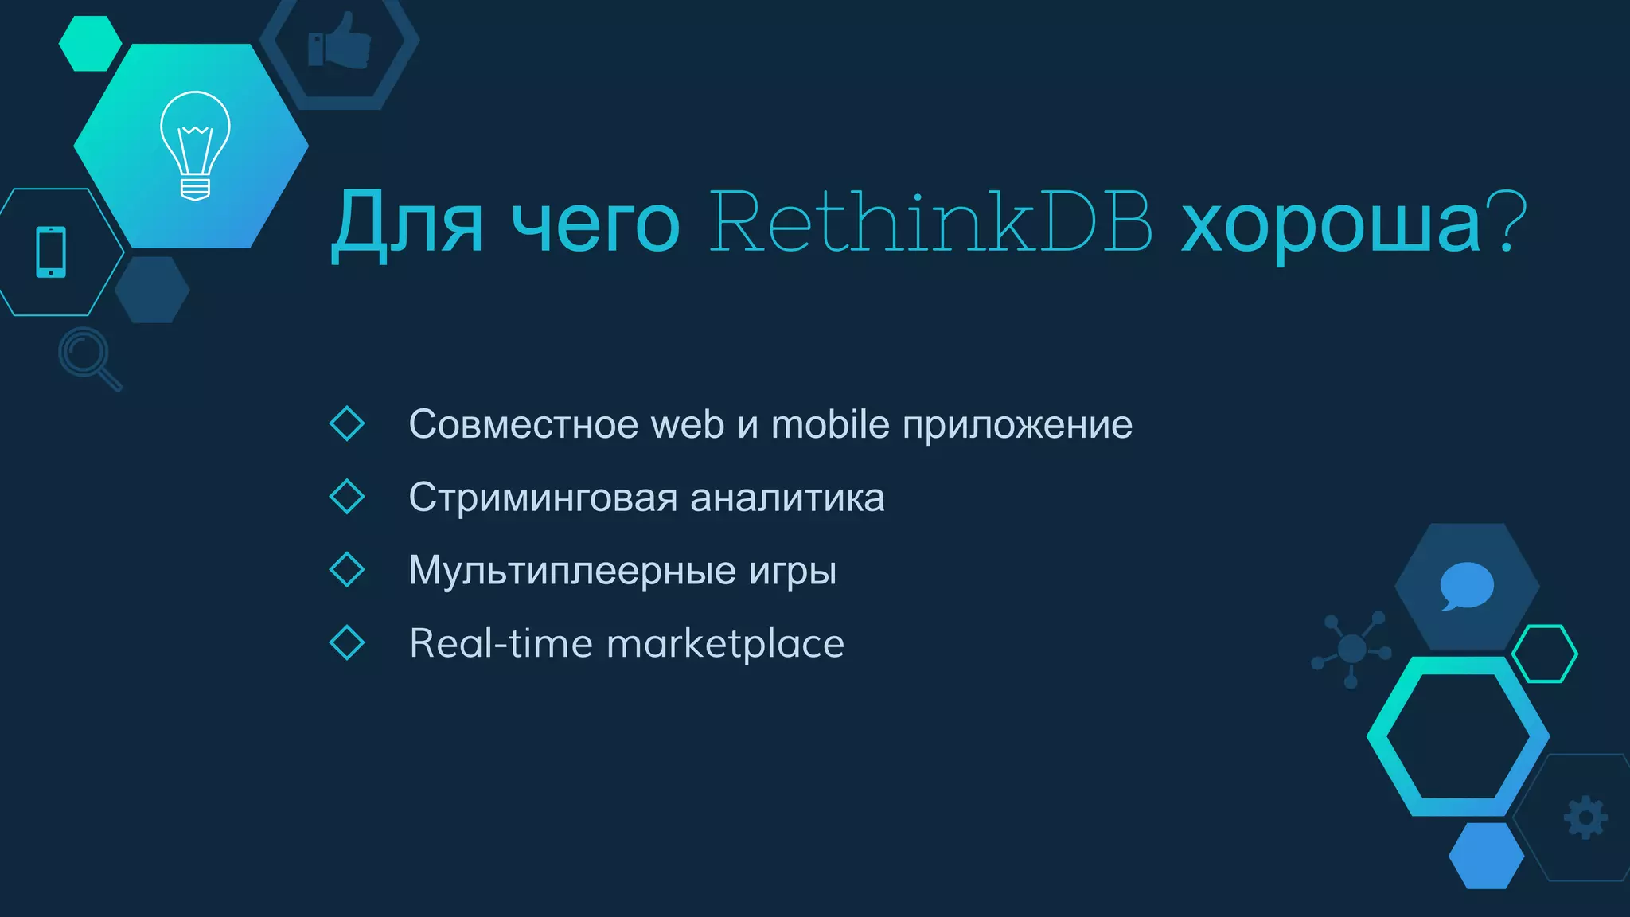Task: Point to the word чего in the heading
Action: pyautogui.click(x=595, y=226)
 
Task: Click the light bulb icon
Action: pyautogui.click(x=195, y=145)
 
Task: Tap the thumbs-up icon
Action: pyautogui.click(x=340, y=41)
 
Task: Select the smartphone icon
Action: pyautogui.click(x=51, y=252)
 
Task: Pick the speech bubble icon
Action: pyautogui.click(x=1466, y=586)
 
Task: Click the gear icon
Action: pyautogui.click(x=1585, y=817)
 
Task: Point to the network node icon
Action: pyautogui.click(x=1351, y=649)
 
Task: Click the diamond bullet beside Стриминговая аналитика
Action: pyautogui.click(x=347, y=497)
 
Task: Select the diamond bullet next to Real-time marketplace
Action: pyautogui.click(x=347, y=642)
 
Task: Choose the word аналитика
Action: pyautogui.click(x=787, y=498)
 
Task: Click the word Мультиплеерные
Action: pyautogui.click(x=572, y=571)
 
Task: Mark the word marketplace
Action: pyautogui.click(x=725, y=644)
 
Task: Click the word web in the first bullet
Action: pyautogui.click(x=688, y=424)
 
